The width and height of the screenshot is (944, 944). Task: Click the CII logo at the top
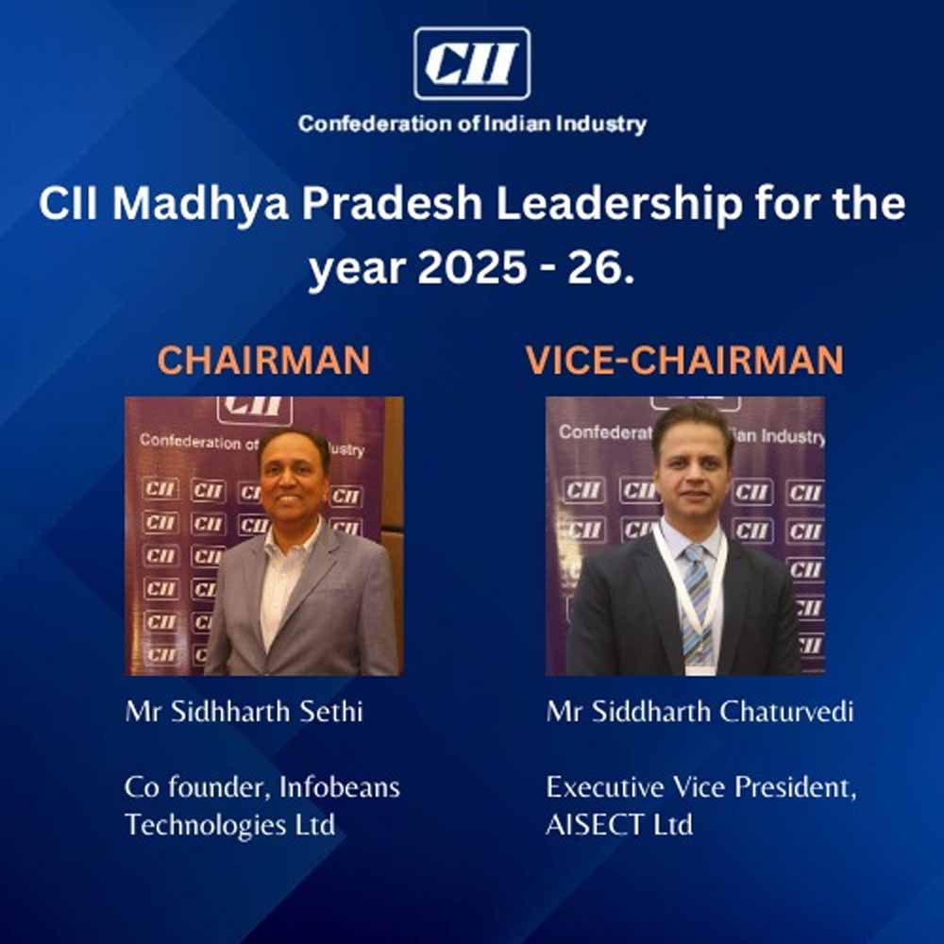(472, 63)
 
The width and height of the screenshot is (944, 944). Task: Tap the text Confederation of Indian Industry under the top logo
(472, 125)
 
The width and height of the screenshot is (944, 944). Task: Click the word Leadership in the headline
(619, 205)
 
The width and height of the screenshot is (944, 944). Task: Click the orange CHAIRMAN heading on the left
(263, 360)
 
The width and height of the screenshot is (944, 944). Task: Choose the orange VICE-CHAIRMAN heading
(684, 360)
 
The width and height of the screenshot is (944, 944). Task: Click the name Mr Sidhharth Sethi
(244, 712)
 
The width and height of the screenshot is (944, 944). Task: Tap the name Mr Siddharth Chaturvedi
(700, 712)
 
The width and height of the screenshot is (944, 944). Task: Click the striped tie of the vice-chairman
(697, 602)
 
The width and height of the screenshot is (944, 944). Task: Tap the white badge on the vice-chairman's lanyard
(700, 669)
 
